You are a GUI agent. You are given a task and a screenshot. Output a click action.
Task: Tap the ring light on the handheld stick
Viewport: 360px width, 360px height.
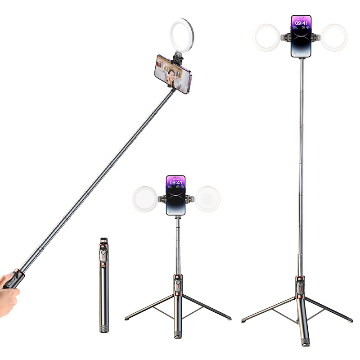click(183, 32)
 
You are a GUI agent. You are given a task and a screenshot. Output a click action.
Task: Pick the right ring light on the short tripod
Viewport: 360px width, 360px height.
click(208, 199)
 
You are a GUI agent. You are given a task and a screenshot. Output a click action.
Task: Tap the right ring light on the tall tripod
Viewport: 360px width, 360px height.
click(334, 37)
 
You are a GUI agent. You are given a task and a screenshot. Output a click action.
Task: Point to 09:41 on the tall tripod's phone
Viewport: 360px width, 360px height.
click(301, 23)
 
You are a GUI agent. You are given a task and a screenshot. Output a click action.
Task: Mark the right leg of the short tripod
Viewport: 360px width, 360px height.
click(207, 307)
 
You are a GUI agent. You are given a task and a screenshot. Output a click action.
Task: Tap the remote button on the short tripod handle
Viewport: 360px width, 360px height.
click(179, 284)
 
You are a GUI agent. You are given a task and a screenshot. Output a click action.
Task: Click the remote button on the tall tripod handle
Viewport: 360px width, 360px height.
click(300, 285)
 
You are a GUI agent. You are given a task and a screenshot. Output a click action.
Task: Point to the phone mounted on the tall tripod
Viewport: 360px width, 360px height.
click(301, 36)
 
